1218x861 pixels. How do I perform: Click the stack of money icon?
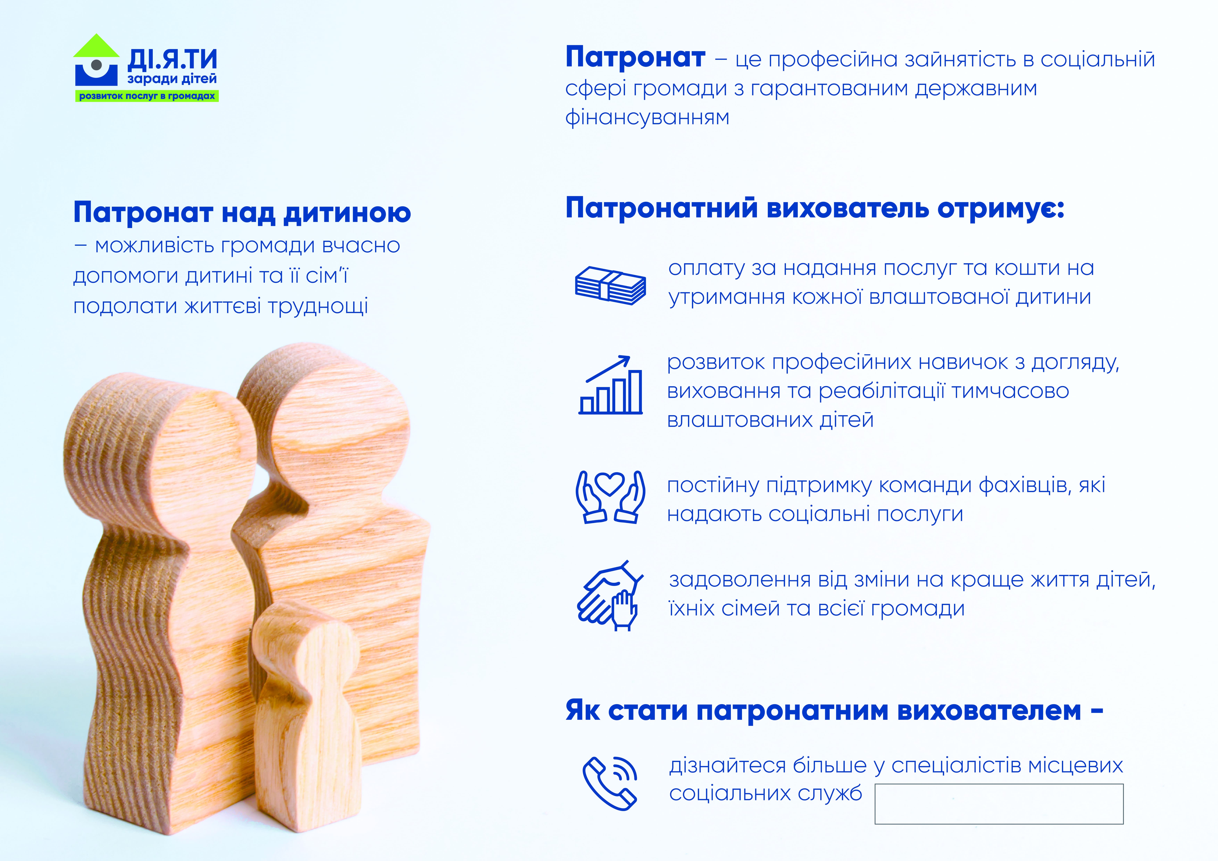click(x=611, y=285)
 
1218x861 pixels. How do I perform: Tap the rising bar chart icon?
click(x=611, y=385)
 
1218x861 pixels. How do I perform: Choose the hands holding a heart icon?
click(x=611, y=497)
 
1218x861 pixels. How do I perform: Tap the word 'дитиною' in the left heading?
click(x=348, y=213)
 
